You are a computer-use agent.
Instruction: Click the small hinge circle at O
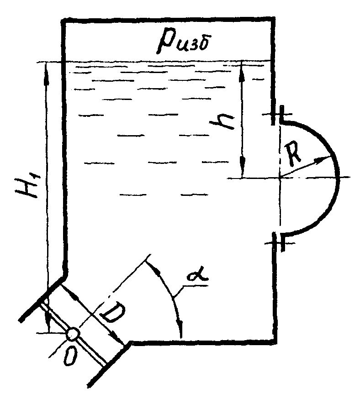click(72, 334)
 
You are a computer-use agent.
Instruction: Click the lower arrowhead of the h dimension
click(243, 174)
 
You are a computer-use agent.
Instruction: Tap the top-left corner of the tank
click(63, 19)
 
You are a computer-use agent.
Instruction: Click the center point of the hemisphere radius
click(280, 177)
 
